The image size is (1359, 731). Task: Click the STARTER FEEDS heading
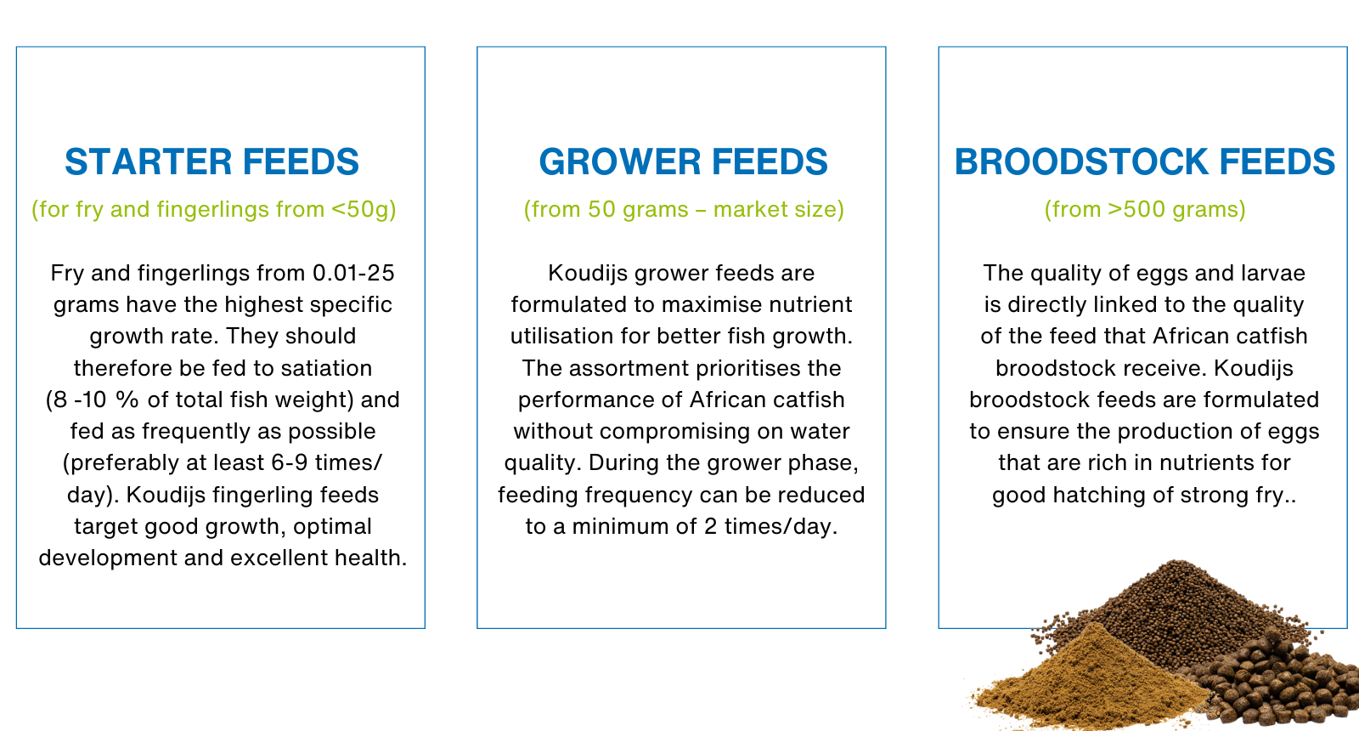211,162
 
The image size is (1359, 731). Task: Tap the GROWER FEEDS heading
683,162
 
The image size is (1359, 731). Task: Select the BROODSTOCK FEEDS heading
1144,162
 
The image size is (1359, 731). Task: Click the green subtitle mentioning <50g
214,209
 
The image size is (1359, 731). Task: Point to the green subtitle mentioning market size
684,209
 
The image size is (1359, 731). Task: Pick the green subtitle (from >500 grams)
1144,209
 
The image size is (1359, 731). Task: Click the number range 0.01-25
353,273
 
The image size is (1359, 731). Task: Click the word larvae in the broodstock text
1273,273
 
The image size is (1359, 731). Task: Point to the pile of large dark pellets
1283,684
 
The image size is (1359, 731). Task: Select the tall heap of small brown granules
1181,603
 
